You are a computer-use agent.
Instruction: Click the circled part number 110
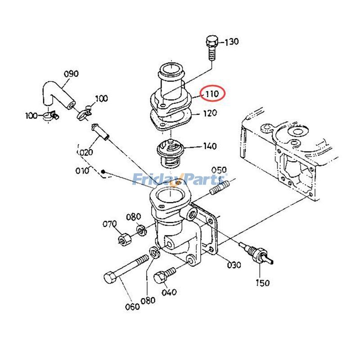(x=212, y=94)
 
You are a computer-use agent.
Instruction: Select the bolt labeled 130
(x=211, y=48)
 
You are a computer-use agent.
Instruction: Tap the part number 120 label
(x=210, y=113)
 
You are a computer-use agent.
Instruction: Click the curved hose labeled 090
(x=58, y=94)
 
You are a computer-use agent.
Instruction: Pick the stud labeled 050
(x=220, y=187)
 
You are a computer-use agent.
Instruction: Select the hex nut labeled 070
(x=124, y=239)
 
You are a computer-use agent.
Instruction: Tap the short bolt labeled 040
(x=164, y=275)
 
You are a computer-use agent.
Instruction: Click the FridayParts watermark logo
(x=180, y=179)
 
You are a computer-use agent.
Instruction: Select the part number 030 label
(x=234, y=265)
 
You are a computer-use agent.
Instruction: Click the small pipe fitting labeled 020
(x=100, y=132)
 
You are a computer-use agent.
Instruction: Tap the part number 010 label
(x=82, y=171)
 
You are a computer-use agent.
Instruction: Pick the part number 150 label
(x=262, y=283)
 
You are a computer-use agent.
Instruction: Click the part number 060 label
(x=132, y=306)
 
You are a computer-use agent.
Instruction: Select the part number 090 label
(x=71, y=74)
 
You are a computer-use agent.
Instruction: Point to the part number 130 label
(x=231, y=42)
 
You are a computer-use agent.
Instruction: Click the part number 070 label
(x=109, y=224)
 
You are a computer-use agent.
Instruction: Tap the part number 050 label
(x=219, y=171)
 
